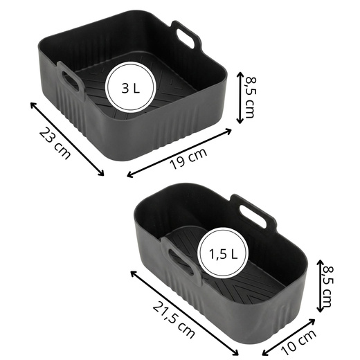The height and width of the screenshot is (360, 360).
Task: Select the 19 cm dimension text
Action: (x=188, y=159)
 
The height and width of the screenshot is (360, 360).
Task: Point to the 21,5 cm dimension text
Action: (x=174, y=320)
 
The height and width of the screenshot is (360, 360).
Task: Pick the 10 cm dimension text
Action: (x=298, y=342)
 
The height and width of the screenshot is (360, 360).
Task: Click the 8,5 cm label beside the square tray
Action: (x=251, y=98)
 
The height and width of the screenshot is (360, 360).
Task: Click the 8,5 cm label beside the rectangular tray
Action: (x=327, y=287)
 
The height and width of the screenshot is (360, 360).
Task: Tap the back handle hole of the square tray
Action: (x=186, y=38)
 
